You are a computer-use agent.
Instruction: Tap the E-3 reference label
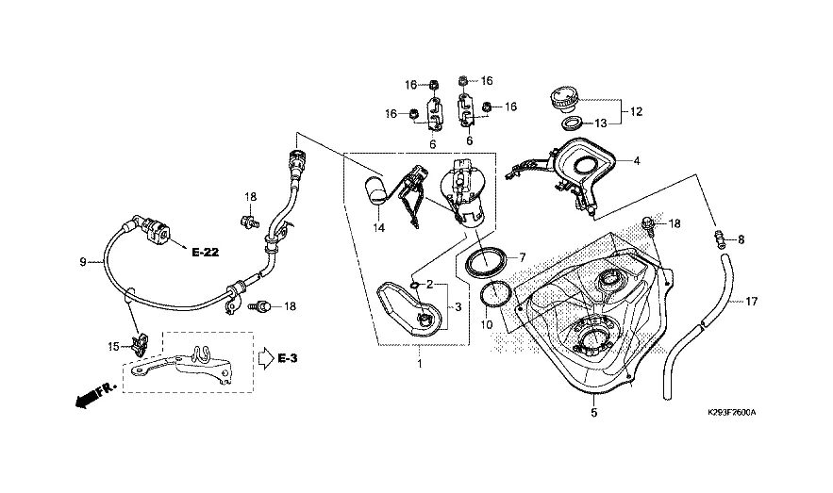coord(289,358)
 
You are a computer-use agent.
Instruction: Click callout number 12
coord(636,111)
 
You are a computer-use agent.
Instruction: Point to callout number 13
coord(600,123)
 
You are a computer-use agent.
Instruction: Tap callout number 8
coord(740,240)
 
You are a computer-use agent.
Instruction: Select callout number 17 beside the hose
coord(752,303)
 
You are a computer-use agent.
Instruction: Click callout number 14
coord(378,228)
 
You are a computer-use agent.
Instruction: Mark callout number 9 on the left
coord(82,261)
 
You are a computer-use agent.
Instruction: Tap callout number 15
coord(113,347)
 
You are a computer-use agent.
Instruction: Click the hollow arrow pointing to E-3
coord(264,358)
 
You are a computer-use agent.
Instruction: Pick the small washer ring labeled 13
coord(571,123)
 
